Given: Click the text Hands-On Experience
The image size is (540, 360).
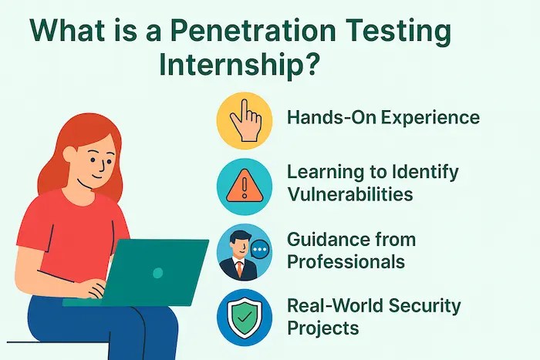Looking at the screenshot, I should pyautogui.click(x=383, y=118).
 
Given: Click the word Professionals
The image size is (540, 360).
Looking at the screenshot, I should pyautogui.click(x=346, y=261).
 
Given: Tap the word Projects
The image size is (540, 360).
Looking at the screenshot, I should pyautogui.click(x=322, y=328).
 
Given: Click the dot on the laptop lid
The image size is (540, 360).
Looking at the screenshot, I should pyautogui.click(x=158, y=272).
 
